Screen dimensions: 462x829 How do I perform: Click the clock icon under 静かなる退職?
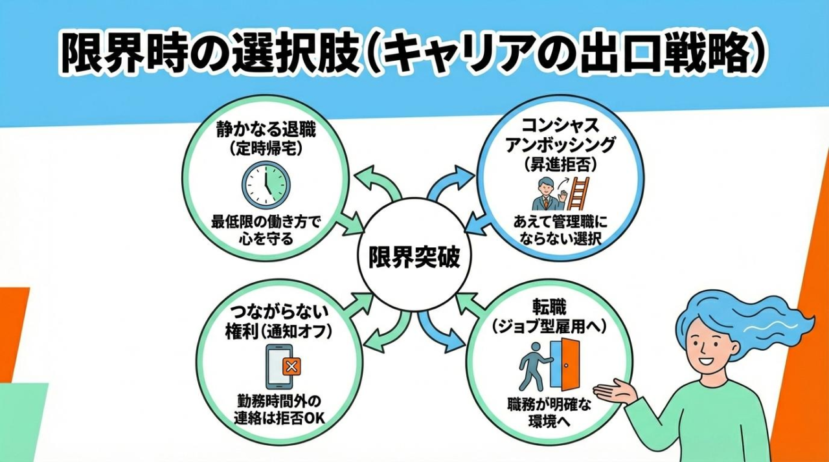click(x=267, y=184)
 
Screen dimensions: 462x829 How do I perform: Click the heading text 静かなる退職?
click(x=267, y=131)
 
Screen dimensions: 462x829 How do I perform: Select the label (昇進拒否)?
click(x=560, y=164)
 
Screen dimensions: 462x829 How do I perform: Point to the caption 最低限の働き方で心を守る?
click(x=267, y=230)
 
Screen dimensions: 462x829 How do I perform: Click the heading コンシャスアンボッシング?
click(x=560, y=136)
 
